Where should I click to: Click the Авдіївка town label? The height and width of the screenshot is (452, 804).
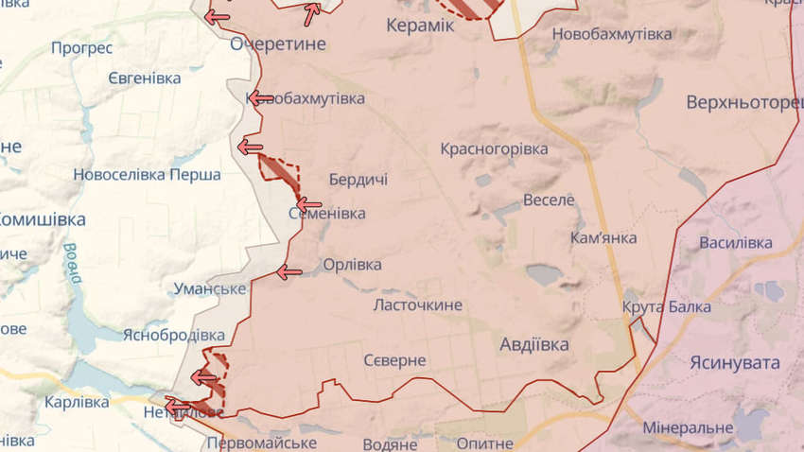[534, 344]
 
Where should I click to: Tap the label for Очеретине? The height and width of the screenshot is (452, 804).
[278, 44]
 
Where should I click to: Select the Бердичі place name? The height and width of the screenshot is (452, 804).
[358, 179]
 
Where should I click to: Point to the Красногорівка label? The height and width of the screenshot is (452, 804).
[494, 149]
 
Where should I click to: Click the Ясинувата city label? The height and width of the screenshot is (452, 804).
[735, 363]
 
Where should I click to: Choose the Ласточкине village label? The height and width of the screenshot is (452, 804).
[418, 304]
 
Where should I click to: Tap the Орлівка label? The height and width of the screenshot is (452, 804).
[353, 265]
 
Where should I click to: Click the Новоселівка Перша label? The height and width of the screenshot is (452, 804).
[147, 175]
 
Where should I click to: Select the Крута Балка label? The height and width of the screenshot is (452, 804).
[666, 307]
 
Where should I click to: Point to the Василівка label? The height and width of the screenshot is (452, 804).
[736, 243]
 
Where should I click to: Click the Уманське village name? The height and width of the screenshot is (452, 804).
[210, 289]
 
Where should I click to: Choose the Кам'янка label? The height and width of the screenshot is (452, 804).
[603, 237]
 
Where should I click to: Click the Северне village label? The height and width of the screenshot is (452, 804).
[394, 361]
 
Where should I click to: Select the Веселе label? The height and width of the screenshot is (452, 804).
[549, 200]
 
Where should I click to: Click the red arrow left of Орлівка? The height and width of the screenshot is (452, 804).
[288, 272]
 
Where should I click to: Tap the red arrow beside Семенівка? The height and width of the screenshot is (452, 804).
[308, 203]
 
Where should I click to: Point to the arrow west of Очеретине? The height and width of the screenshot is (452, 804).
[217, 17]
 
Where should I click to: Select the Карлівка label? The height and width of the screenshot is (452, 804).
[77, 402]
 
